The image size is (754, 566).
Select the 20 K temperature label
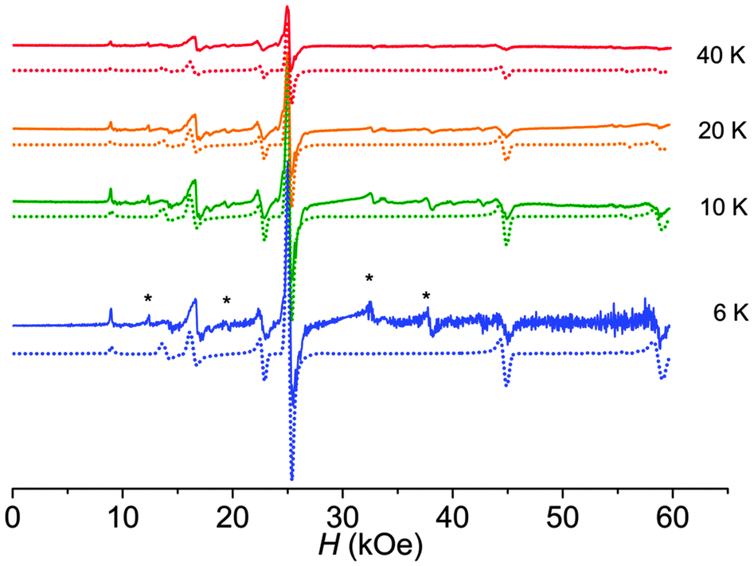pyautogui.click(x=720, y=131)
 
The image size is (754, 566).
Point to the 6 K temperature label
pyautogui.click(x=725, y=313)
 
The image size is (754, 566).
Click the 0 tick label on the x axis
pyautogui.click(x=13, y=515)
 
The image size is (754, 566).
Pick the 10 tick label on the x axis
pyautogui.click(x=123, y=515)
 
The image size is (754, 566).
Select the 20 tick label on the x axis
pyautogui.click(x=232, y=515)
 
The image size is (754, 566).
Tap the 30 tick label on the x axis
pyautogui.click(x=342, y=515)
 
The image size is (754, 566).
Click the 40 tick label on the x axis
pyautogui.click(x=452, y=515)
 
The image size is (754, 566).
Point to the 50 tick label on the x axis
pyautogui.click(x=562, y=515)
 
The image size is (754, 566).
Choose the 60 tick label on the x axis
pyautogui.click(x=672, y=515)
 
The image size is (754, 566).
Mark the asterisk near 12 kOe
pyautogui.click(x=148, y=299)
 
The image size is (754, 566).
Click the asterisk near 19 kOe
pyautogui.click(x=227, y=301)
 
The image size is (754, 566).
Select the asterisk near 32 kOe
pyautogui.click(x=369, y=279)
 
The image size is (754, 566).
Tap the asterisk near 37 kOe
pyautogui.click(x=427, y=297)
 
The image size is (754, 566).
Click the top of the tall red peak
pyautogui.click(x=287, y=8)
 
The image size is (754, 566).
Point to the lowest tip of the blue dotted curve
pyautogui.click(x=292, y=479)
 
